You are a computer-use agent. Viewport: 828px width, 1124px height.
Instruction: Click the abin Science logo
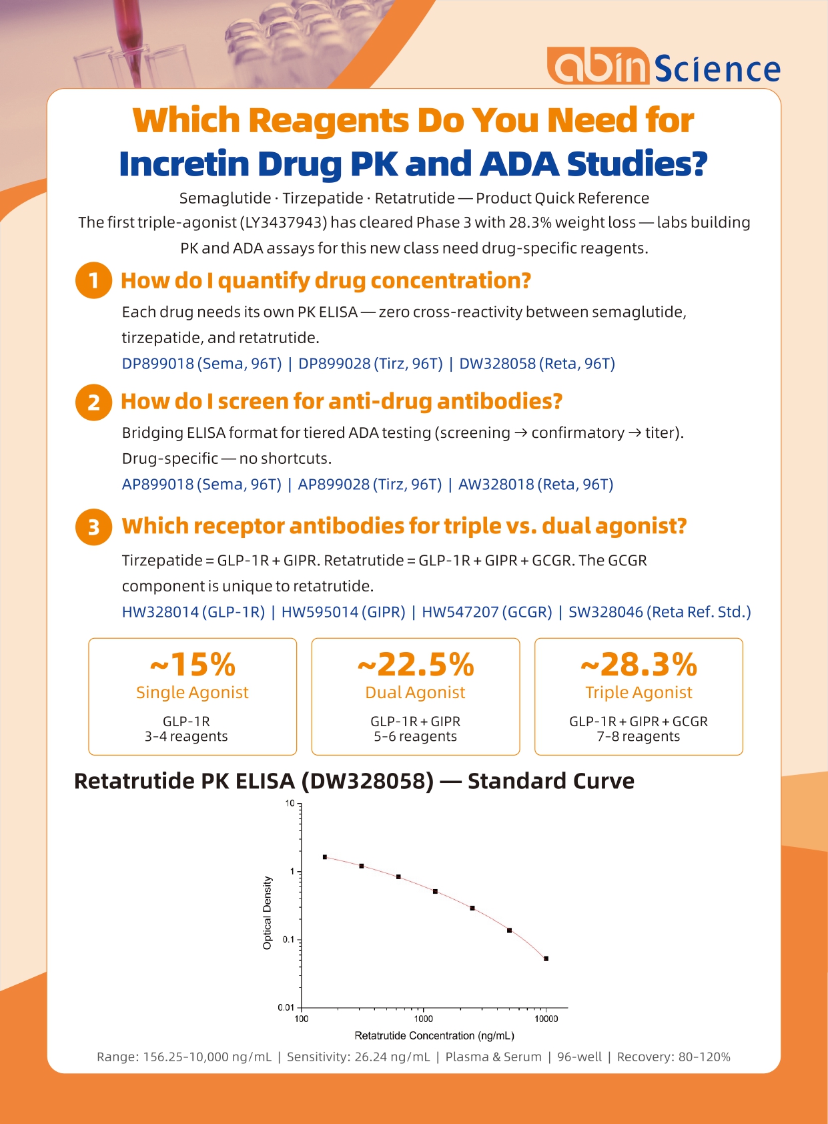click(663, 65)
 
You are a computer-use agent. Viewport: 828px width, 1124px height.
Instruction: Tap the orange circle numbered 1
click(93, 280)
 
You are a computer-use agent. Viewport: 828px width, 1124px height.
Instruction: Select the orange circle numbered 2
click(93, 402)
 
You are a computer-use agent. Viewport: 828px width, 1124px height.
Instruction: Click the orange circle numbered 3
click(93, 527)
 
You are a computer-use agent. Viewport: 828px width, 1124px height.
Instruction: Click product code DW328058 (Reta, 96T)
click(537, 363)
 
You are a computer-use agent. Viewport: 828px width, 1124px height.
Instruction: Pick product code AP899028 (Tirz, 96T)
click(370, 484)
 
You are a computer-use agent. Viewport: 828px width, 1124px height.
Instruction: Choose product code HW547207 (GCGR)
click(486, 611)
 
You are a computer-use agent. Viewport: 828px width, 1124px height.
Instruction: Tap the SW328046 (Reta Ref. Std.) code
click(659, 611)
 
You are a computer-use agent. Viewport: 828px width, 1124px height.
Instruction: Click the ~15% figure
click(193, 664)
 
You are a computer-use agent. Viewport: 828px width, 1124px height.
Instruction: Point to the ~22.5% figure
click(416, 664)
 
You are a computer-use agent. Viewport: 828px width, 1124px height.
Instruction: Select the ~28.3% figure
click(639, 664)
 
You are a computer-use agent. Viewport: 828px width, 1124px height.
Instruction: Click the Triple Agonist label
click(639, 692)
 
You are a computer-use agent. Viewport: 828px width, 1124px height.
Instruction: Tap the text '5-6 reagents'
click(415, 736)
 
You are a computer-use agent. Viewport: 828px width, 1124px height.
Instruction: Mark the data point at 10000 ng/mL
click(546, 958)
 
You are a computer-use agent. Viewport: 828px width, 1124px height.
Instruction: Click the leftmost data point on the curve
click(325, 857)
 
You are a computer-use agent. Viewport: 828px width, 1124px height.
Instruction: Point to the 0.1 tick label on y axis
click(288, 939)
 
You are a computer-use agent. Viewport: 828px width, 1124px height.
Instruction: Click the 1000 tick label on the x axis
click(423, 1019)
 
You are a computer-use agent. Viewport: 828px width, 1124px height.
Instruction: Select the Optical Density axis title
click(268, 912)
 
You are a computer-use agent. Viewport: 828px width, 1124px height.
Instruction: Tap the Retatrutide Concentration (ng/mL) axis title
click(434, 1036)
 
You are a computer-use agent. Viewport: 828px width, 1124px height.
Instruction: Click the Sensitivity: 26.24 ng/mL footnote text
click(358, 1057)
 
